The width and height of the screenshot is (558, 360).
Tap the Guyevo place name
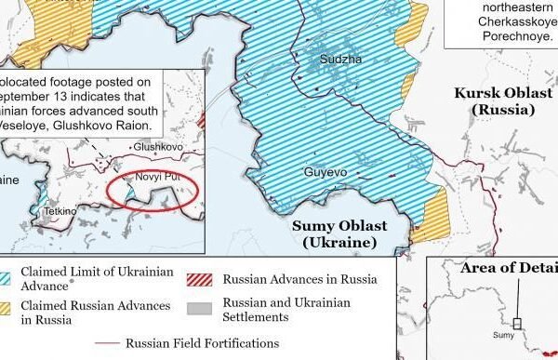(x=325, y=172)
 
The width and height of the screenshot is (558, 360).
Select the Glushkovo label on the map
(x=158, y=147)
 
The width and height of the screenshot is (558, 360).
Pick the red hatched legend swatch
(x=197, y=277)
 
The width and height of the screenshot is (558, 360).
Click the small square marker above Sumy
(x=517, y=324)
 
